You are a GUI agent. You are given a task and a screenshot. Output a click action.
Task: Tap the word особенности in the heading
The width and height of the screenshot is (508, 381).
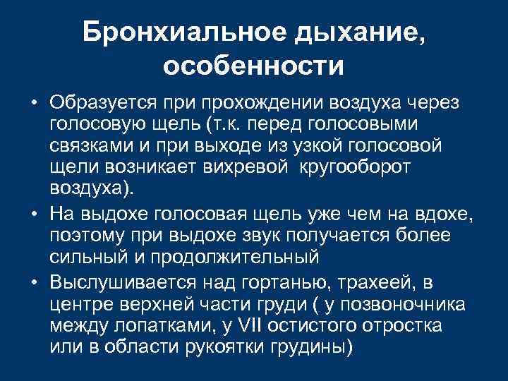[254, 67]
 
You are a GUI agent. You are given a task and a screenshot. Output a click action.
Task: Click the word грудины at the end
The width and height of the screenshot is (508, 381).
[311, 349]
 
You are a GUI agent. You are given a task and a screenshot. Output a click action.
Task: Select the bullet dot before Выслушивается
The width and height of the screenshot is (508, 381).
[35, 283]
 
